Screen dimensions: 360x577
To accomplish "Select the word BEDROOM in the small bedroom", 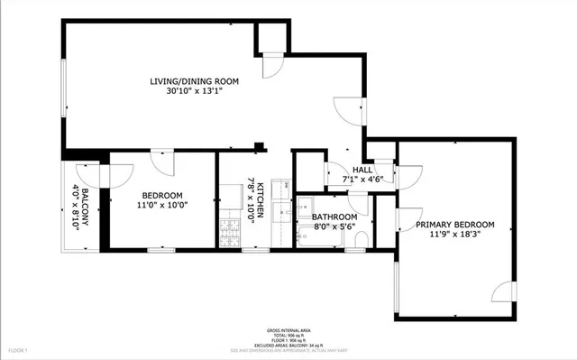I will coord(162,196).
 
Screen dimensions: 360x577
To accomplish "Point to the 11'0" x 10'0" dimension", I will coord(162,206).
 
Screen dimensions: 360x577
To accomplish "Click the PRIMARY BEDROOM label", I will coord(454,225).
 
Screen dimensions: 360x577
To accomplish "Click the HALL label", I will coord(362,170).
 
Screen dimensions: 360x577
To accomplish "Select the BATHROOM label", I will coord(334,217).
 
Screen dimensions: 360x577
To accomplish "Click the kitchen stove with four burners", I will coord(231,236).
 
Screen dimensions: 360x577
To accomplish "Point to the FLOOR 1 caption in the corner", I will coord(19,348).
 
